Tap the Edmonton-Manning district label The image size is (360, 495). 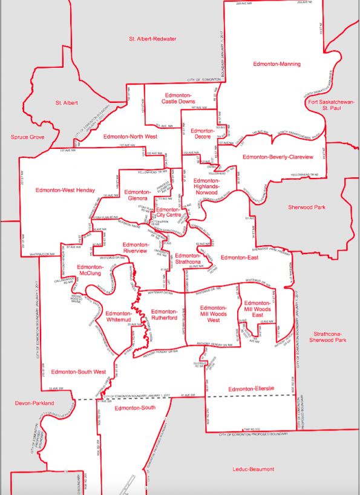pos(277,64)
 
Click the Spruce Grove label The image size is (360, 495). pos(28,137)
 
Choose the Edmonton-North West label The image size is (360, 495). pos(130,137)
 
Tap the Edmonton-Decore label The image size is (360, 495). pos(200,134)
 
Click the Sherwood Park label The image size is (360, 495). pos(307,207)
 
